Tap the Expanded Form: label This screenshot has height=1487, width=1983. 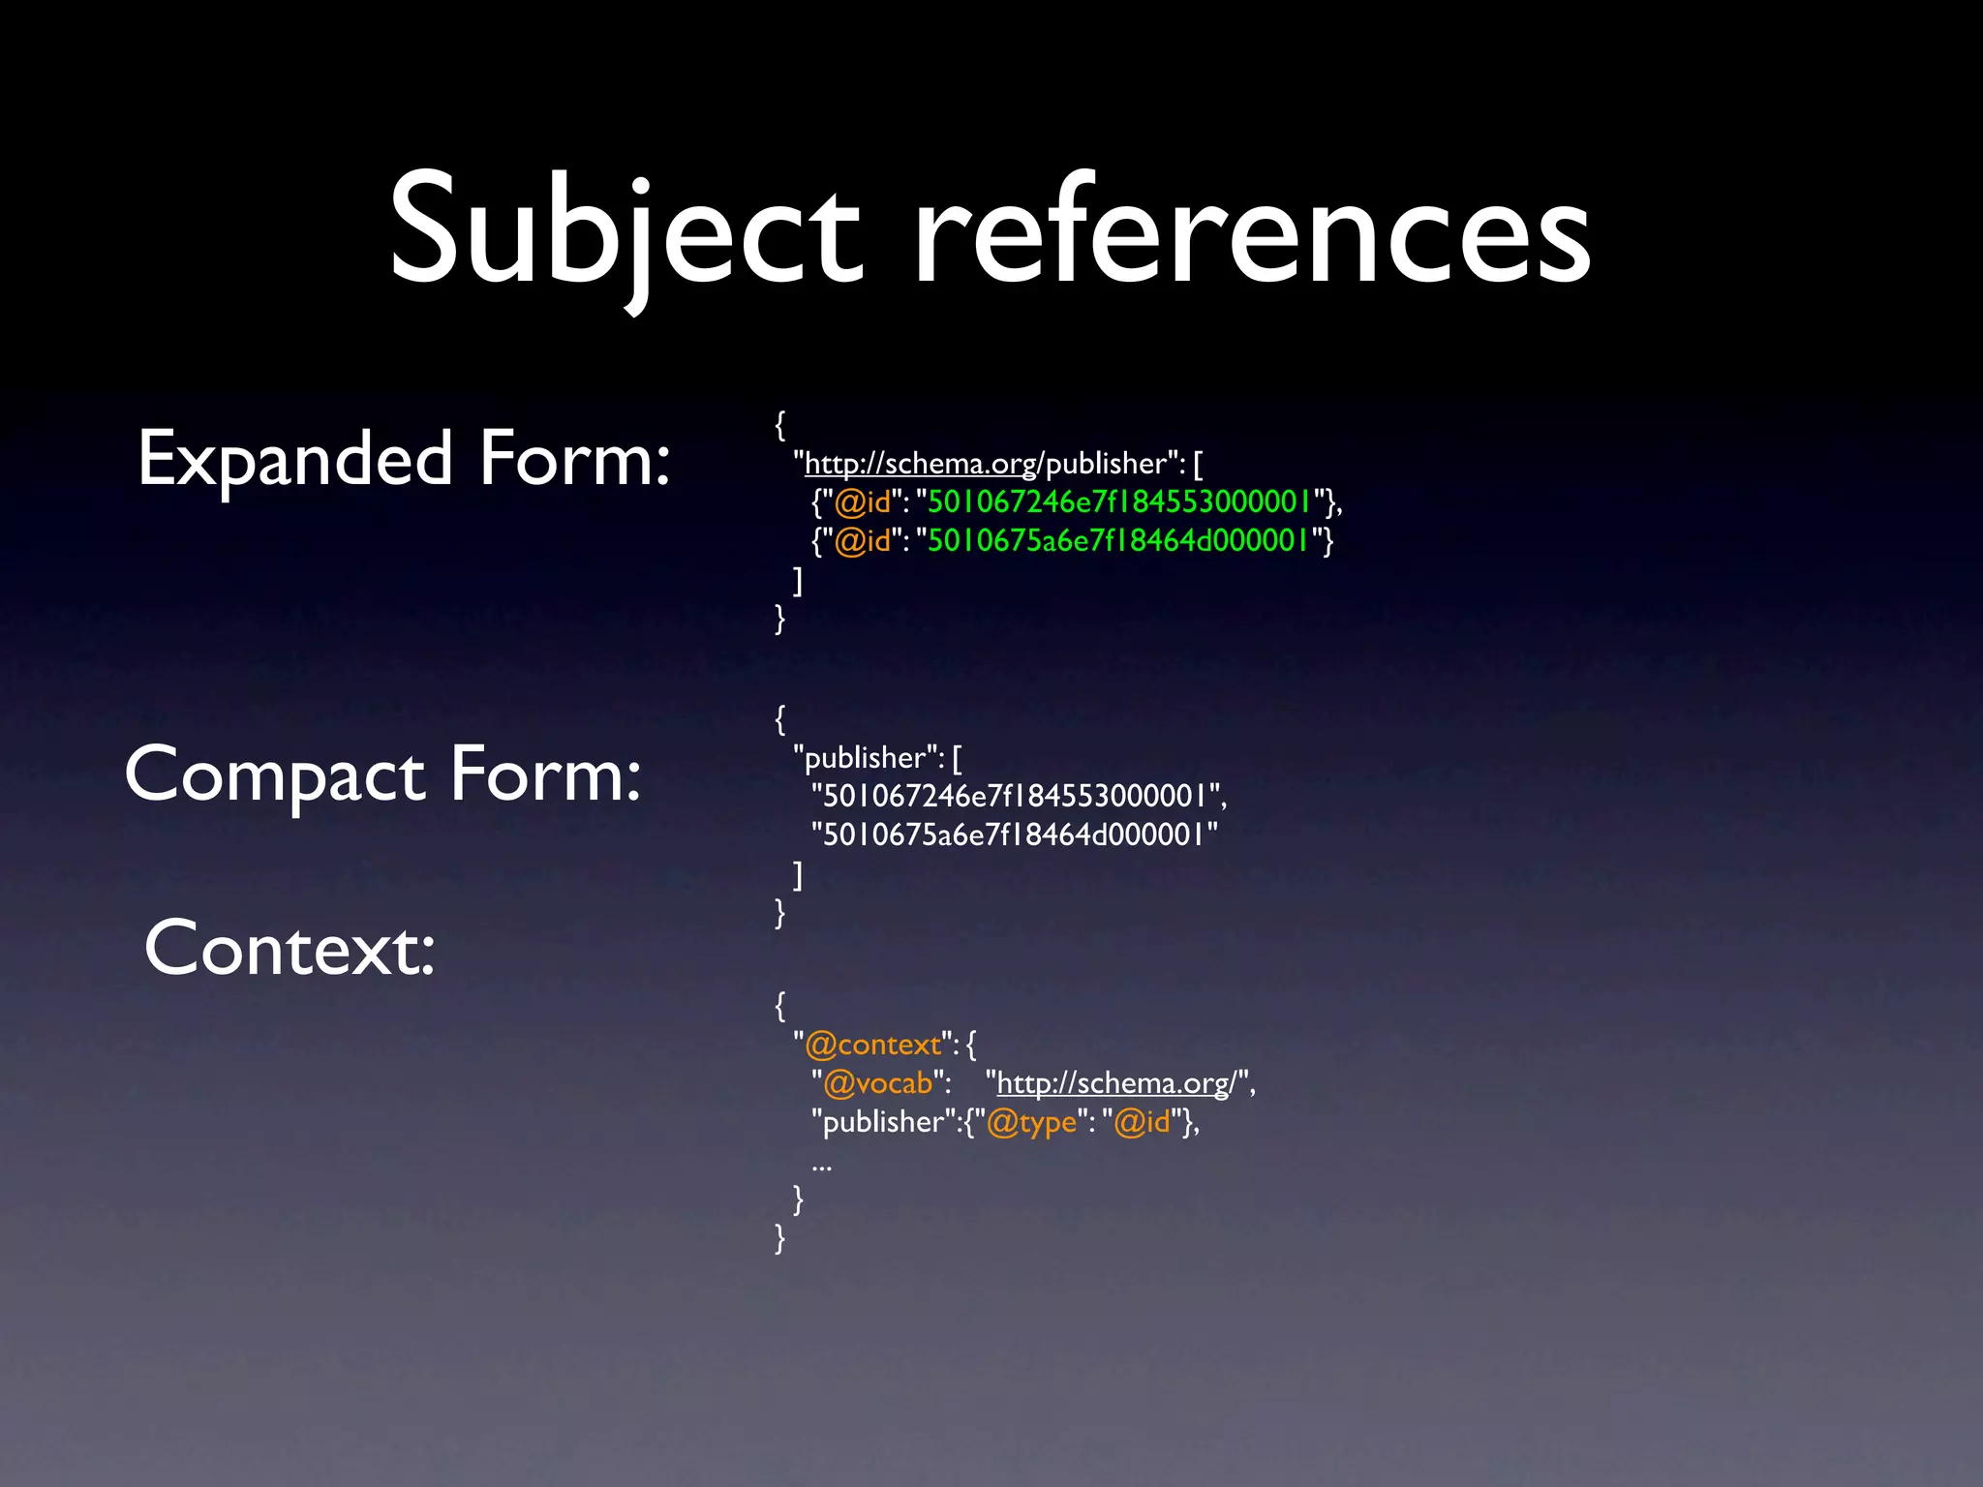click(x=404, y=459)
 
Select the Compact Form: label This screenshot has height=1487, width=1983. click(x=383, y=774)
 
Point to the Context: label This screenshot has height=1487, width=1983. click(x=290, y=949)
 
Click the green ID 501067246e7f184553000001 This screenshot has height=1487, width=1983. click(x=1118, y=501)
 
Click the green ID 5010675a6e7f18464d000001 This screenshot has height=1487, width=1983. click(x=1118, y=540)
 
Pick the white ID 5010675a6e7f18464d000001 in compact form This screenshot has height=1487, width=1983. click(x=1013, y=835)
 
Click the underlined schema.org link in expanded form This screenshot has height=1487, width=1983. click(x=921, y=464)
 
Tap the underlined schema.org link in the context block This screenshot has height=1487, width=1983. click(x=1114, y=1083)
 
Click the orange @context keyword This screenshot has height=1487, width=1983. click(x=872, y=1045)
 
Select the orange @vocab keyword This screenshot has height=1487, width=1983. click(x=877, y=1083)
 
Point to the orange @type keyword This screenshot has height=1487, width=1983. click(x=1031, y=1122)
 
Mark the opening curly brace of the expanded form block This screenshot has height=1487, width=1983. click(x=780, y=424)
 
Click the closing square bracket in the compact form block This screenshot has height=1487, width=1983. click(x=798, y=874)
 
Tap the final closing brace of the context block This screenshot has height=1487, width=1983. click(x=780, y=1238)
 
